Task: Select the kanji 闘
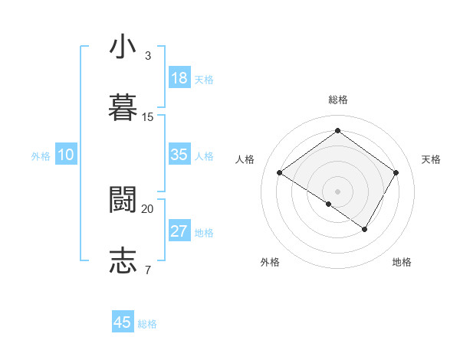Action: pyautogui.click(x=123, y=199)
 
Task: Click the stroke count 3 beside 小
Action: pyautogui.click(x=148, y=56)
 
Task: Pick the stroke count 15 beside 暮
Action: pyautogui.click(x=148, y=117)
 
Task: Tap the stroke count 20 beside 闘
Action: pyautogui.click(x=148, y=208)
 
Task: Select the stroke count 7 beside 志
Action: pyautogui.click(x=148, y=270)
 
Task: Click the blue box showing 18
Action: pyautogui.click(x=179, y=78)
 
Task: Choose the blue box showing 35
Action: pyautogui.click(x=179, y=155)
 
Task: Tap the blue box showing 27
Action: pyautogui.click(x=179, y=231)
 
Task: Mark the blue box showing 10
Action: pyautogui.click(x=66, y=155)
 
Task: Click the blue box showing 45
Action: pyautogui.click(x=123, y=322)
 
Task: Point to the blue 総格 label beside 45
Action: pyautogui.click(x=147, y=324)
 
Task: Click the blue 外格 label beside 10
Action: pyautogui.click(x=41, y=156)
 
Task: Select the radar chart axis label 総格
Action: pyautogui.click(x=338, y=100)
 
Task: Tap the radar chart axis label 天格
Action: pyautogui.click(x=431, y=159)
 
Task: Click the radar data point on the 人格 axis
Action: pyautogui.click(x=280, y=173)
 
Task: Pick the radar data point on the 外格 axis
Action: pyautogui.click(x=329, y=204)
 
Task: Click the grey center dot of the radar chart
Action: pyautogui.click(x=338, y=191)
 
